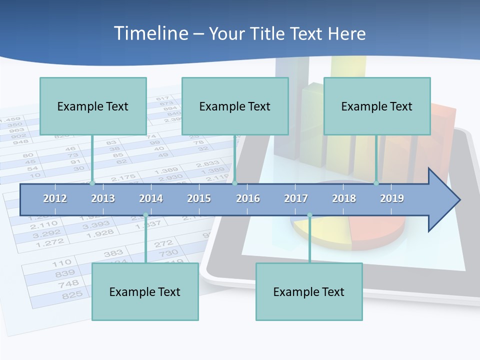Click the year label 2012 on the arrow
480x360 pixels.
(x=55, y=198)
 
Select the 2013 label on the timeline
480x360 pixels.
(x=103, y=198)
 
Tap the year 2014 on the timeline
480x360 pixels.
(x=151, y=198)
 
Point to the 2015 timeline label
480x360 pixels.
(x=199, y=198)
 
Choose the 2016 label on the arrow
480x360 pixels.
(x=248, y=198)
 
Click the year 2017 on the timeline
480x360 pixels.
(x=296, y=198)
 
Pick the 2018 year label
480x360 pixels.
(x=344, y=198)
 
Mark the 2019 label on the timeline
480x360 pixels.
(x=392, y=198)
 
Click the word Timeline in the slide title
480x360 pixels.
(x=150, y=33)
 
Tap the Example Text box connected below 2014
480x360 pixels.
(x=145, y=291)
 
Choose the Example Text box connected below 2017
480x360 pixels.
(x=309, y=291)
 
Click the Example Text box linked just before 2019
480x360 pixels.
(x=377, y=106)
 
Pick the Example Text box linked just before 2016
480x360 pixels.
(x=235, y=106)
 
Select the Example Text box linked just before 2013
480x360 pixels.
(x=93, y=106)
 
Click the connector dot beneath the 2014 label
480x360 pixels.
(x=145, y=215)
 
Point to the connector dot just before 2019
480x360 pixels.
(x=376, y=183)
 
